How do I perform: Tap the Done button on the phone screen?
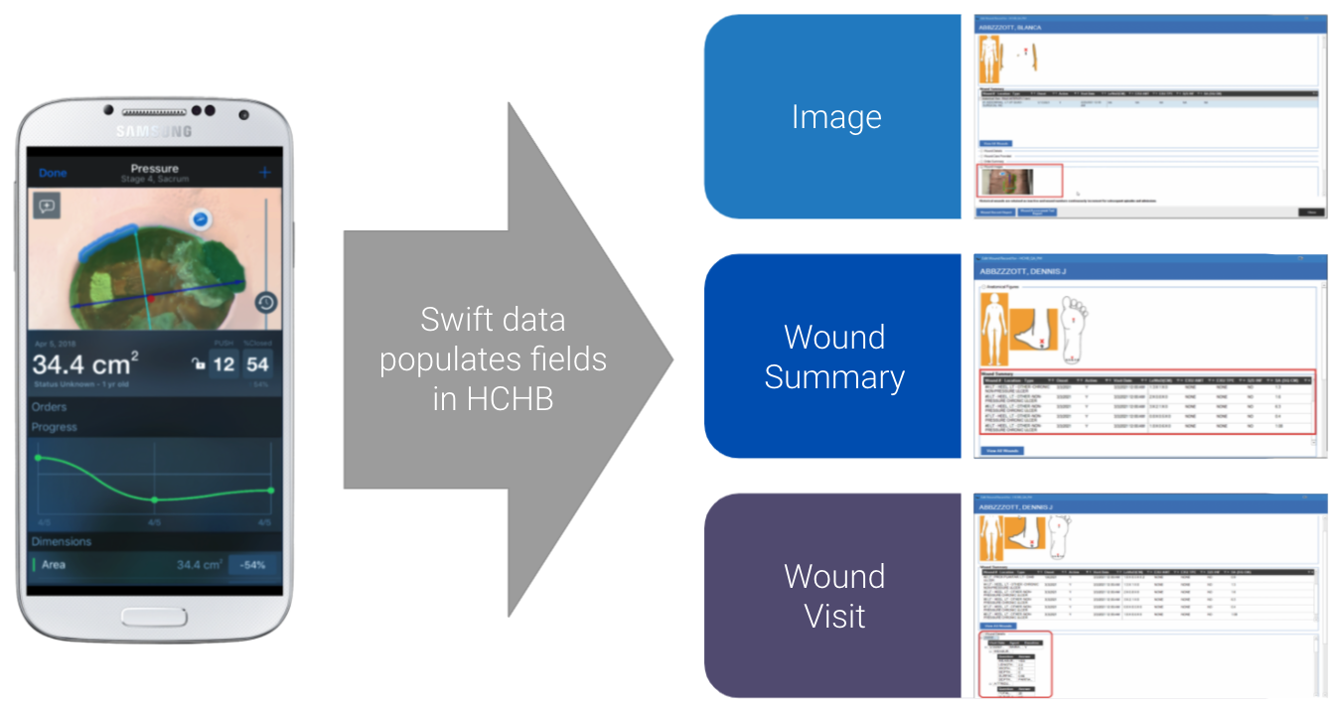pyautogui.click(x=53, y=173)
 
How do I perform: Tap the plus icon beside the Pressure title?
pyautogui.click(x=265, y=173)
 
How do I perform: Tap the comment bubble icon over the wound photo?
pyautogui.click(x=47, y=206)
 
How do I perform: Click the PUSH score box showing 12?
pyautogui.click(x=223, y=364)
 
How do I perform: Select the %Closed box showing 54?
pyautogui.click(x=258, y=364)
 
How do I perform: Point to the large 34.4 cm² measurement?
pyautogui.click(x=84, y=364)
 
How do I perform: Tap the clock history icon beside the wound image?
pyautogui.click(x=265, y=303)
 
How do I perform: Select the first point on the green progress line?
pyautogui.click(x=39, y=458)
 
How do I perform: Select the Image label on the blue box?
pyautogui.click(x=835, y=117)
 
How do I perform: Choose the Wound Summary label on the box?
pyautogui.click(x=834, y=356)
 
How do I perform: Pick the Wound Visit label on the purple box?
pyautogui.click(x=834, y=596)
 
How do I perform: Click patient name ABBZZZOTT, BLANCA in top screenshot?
pyautogui.click(x=1011, y=28)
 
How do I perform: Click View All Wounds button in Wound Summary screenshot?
pyautogui.click(x=1002, y=450)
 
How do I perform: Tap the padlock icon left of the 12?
pyautogui.click(x=199, y=364)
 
